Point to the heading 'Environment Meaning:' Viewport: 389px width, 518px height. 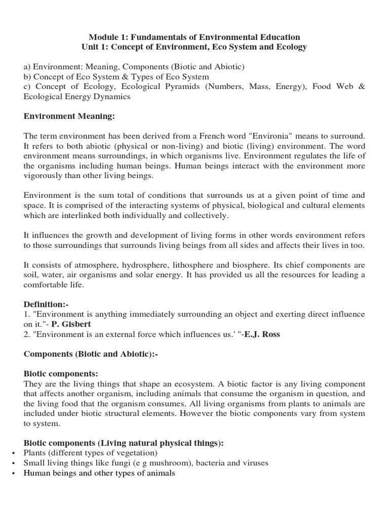coord(70,117)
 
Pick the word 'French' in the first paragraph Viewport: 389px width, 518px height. coord(224,137)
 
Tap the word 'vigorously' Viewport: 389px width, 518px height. coord(45,177)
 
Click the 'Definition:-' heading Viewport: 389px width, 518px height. coord(46,305)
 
